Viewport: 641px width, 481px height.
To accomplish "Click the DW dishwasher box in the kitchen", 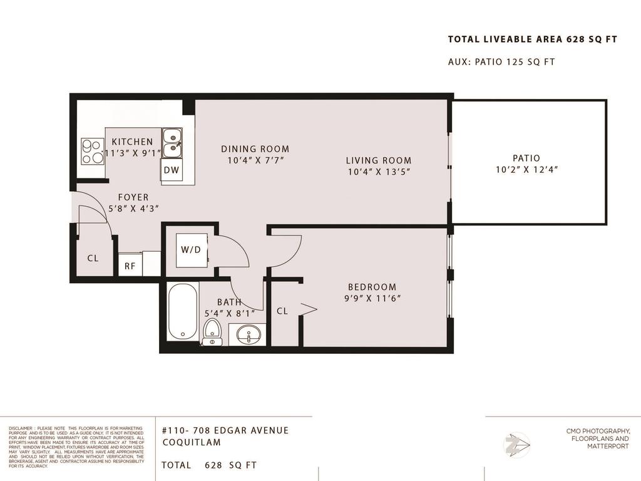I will [172, 170].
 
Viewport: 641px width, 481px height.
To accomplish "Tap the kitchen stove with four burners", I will [92, 151].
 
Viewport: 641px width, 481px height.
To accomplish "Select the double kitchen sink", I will [172, 141].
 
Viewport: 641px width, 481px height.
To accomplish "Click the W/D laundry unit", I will [191, 250].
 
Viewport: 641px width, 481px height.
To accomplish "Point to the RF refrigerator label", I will [130, 266].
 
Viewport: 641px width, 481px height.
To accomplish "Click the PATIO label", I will [525, 158].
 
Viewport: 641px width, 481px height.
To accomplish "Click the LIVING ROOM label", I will [379, 160].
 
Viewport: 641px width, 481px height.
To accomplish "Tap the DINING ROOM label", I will [255, 149].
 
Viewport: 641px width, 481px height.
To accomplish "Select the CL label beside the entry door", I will [93, 257].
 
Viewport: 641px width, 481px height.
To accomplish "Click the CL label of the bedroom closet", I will [282, 311].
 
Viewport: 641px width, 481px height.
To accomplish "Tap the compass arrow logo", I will [518, 445].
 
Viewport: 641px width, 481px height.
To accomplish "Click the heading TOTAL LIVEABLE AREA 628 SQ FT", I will [532, 39].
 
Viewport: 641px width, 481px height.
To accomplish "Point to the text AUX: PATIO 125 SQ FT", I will [501, 62].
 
